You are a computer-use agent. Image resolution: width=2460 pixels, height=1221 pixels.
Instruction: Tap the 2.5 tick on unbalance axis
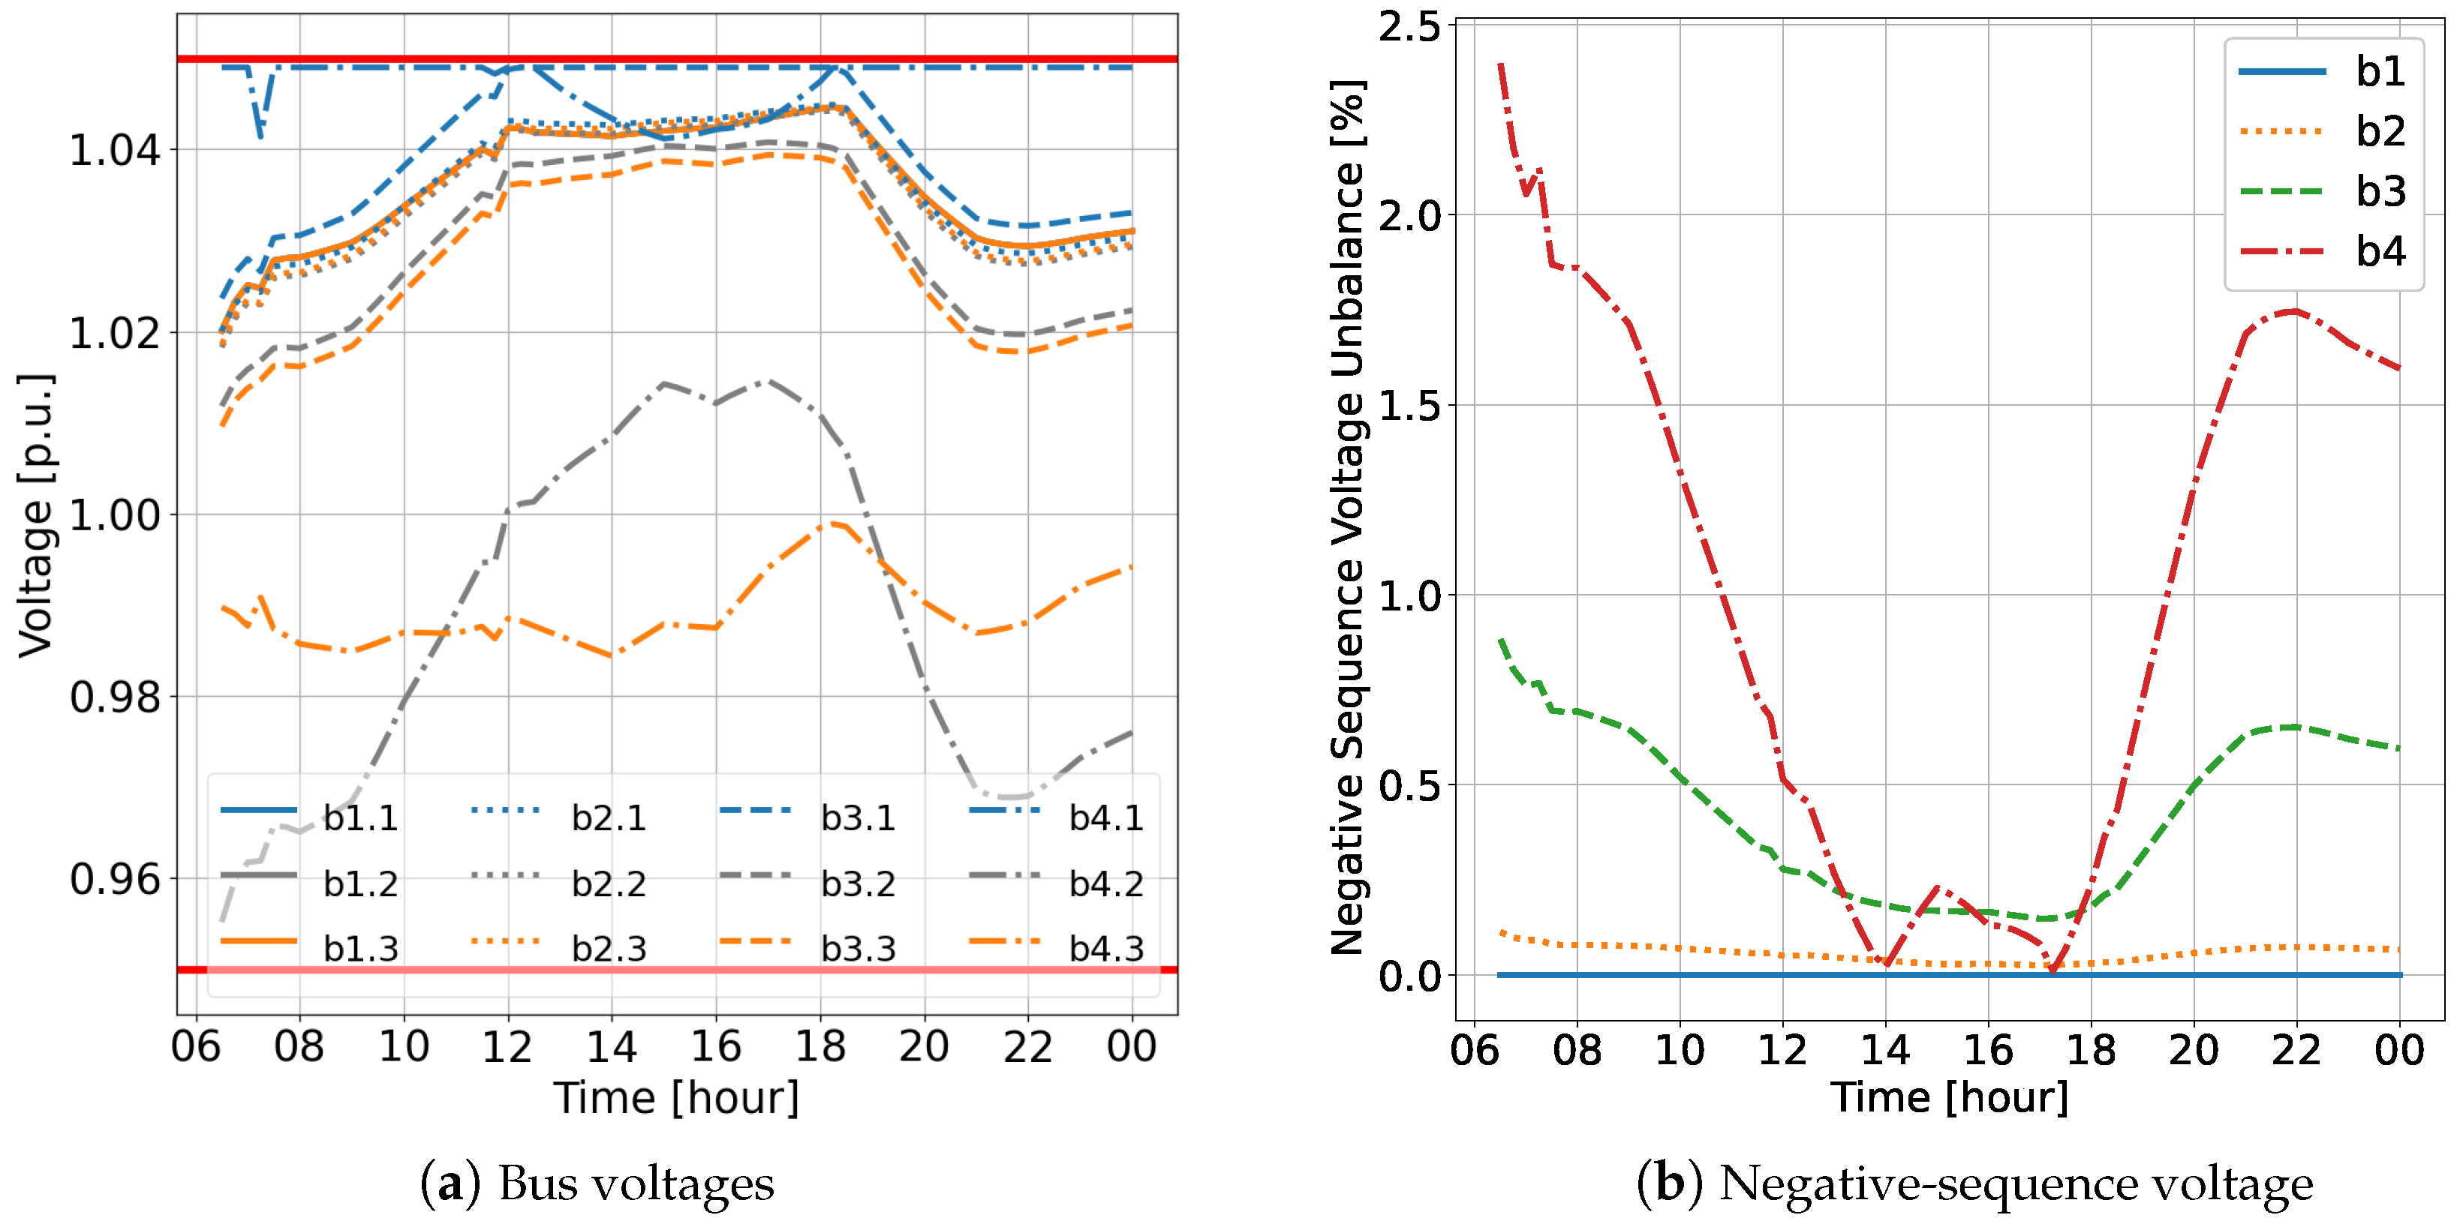1409,25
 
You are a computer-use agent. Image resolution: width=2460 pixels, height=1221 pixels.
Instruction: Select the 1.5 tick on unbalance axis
1409,405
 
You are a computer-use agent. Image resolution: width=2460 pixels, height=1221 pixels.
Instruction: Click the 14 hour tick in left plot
611,1046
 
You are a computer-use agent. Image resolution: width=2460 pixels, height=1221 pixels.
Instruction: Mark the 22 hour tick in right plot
2296,1049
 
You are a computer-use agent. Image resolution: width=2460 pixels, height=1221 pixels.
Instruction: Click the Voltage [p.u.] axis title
36,515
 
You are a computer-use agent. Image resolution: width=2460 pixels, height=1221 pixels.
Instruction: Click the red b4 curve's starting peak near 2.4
1501,67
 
